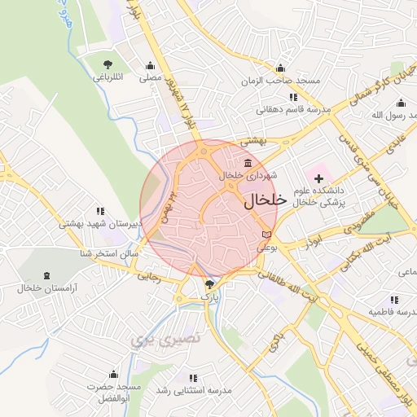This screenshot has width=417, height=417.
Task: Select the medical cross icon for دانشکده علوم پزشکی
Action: [x=318, y=178]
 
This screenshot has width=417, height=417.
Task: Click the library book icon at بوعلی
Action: [x=266, y=235]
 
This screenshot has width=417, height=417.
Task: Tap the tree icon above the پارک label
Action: [x=211, y=284]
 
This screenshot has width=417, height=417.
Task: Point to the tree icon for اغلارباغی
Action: [x=107, y=64]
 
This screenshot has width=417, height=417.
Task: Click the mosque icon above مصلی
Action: [x=149, y=66]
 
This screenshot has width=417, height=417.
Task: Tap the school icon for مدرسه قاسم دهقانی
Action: [x=292, y=98]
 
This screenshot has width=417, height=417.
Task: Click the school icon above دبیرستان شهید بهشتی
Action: [x=100, y=211]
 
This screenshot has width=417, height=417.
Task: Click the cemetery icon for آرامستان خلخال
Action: [x=46, y=276]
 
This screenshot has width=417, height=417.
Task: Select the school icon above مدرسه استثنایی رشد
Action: [x=193, y=378]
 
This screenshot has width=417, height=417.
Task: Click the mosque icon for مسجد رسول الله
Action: [x=401, y=103]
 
